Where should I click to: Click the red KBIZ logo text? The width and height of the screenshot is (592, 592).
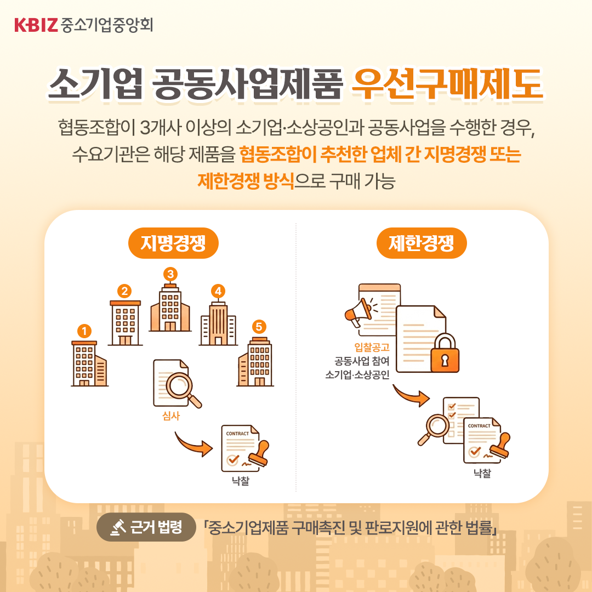[x=36, y=25]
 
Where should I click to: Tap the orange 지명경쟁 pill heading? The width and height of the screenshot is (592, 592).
[x=173, y=243]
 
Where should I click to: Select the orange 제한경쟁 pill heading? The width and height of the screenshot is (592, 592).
[x=422, y=243]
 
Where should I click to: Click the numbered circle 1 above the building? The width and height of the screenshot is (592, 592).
[x=84, y=331]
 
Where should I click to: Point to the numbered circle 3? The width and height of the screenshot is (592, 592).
[x=170, y=274]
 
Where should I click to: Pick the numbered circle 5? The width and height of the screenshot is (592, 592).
[x=259, y=327]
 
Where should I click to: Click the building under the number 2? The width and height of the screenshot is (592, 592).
[x=126, y=323]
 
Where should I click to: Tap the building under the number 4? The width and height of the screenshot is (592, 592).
[x=218, y=323]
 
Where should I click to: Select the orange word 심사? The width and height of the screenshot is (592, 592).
[x=170, y=416]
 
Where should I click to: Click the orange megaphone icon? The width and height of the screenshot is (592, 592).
[x=358, y=312]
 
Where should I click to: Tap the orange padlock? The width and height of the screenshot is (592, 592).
[x=445, y=353]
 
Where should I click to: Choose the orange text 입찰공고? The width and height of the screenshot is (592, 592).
[x=372, y=347]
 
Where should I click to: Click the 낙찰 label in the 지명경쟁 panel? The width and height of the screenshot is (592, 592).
[x=241, y=481]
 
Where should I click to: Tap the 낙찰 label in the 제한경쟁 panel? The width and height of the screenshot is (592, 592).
[x=482, y=473]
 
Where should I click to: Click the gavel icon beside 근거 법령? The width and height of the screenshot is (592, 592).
[x=118, y=527]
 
